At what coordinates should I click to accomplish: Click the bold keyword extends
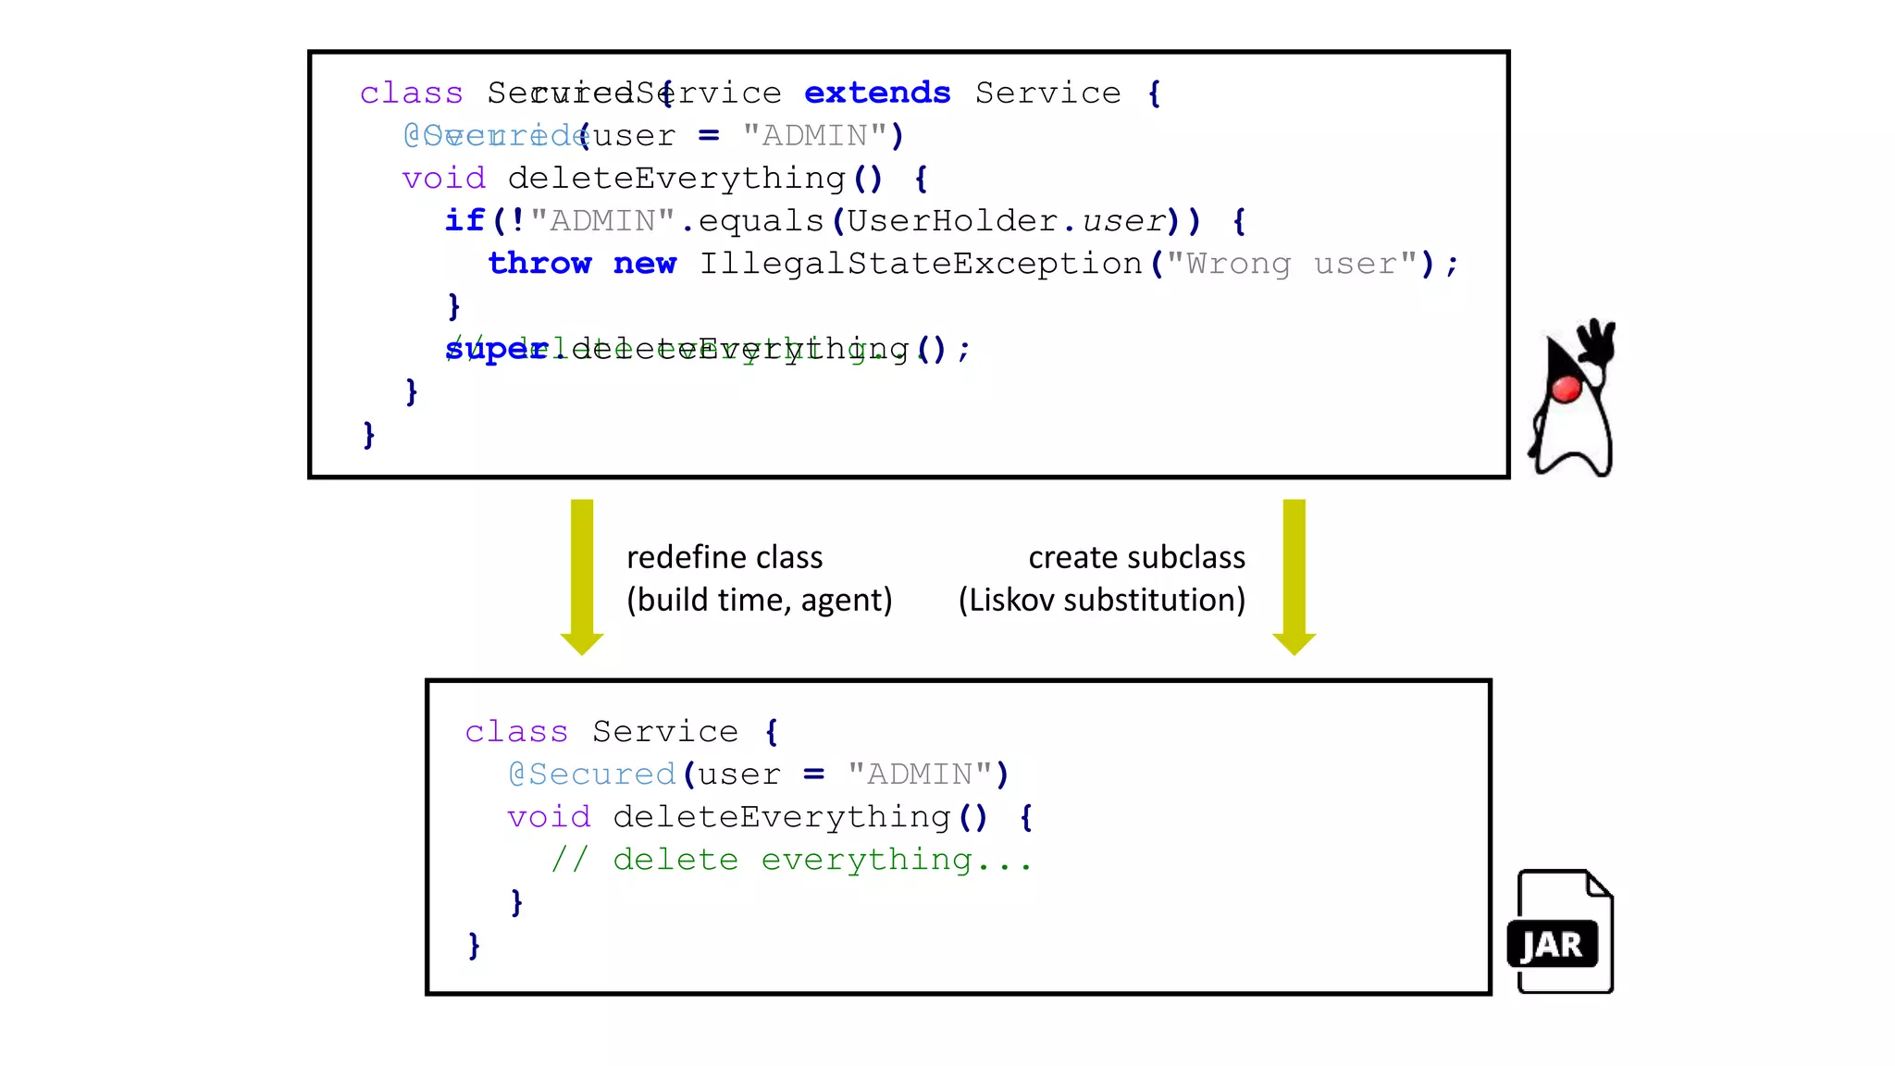876,93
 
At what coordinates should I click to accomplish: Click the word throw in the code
539,264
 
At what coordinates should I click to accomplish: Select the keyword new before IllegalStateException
645,264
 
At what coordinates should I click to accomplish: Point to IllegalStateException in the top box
921,264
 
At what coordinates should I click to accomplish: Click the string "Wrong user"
1292,264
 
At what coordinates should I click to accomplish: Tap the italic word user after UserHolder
1123,221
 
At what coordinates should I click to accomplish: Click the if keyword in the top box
464,221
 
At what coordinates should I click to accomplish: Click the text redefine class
725,557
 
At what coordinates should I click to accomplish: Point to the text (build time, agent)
759,600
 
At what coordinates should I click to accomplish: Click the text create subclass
1136,557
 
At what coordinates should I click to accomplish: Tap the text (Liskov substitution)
1101,600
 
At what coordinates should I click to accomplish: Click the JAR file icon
1561,933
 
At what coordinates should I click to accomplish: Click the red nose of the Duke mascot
1566,390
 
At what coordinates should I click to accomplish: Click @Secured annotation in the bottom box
592,774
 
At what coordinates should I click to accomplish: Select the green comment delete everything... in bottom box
792,860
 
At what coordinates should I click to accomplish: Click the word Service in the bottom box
665,731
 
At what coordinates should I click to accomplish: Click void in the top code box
443,178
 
